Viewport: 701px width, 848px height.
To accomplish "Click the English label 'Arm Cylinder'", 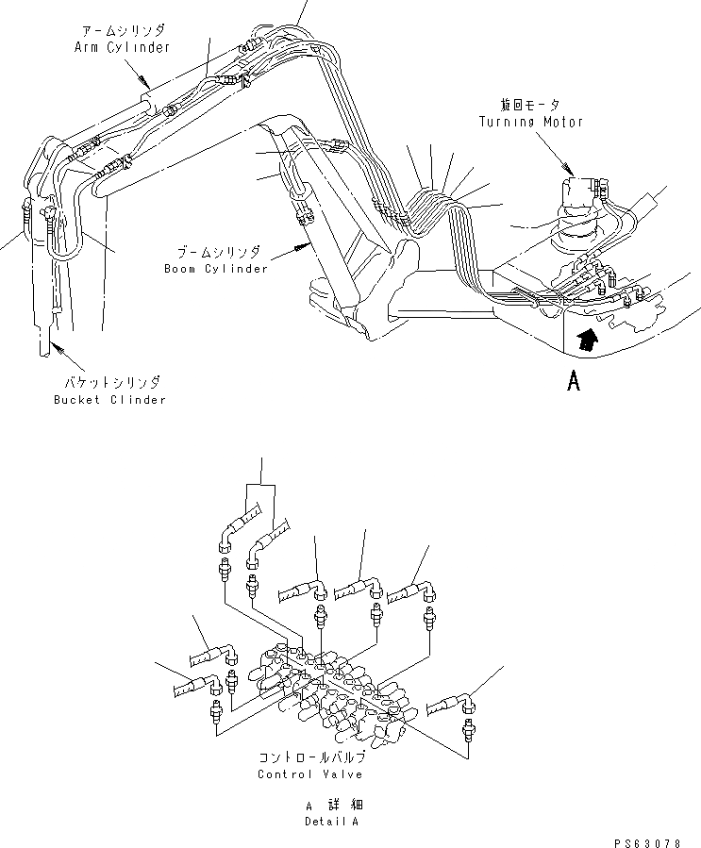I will click(x=122, y=48).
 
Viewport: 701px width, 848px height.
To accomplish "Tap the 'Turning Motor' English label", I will click(x=531, y=122).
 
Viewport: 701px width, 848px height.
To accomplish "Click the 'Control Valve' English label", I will click(x=309, y=773).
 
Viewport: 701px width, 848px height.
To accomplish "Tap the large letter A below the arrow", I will click(x=572, y=382).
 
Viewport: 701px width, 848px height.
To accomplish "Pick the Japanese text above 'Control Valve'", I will click(x=309, y=757).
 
